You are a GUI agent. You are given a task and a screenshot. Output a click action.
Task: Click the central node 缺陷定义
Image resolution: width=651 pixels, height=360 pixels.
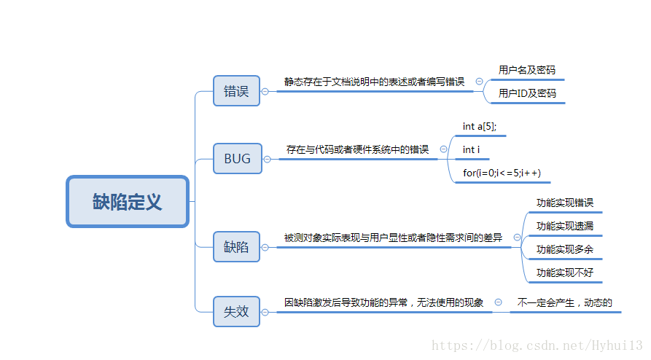pyautogui.click(x=128, y=201)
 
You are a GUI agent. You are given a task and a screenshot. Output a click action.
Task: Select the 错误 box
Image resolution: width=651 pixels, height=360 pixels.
pyautogui.click(x=236, y=91)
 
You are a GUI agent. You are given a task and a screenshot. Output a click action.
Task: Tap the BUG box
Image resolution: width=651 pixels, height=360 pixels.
pyautogui.click(x=237, y=158)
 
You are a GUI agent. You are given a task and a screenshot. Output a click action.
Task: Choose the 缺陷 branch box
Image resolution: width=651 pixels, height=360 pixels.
pyautogui.click(x=236, y=246)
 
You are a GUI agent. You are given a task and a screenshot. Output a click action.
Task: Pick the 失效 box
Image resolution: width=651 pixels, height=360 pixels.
pyautogui.click(x=236, y=311)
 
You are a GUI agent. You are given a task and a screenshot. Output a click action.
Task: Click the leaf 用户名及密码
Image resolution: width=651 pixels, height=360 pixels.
pyautogui.click(x=526, y=70)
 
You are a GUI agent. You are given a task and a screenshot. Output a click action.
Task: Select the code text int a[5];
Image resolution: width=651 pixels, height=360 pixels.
pyautogui.click(x=480, y=126)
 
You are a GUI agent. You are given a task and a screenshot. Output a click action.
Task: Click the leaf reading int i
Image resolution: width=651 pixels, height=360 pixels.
pyautogui.click(x=471, y=149)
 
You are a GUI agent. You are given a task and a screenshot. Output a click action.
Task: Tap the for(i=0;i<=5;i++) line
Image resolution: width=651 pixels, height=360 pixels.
pyautogui.click(x=502, y=173)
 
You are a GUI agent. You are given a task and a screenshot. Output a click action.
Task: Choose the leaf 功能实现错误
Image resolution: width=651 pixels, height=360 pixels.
pyautogui.click(x=565, y=203)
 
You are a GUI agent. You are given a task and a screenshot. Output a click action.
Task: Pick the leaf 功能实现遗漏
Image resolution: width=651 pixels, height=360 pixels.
pyautogui.click(x=565, y=226)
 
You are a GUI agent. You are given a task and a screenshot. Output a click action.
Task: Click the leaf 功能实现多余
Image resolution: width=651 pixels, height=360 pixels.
pyautogui.click(x=565, y=249)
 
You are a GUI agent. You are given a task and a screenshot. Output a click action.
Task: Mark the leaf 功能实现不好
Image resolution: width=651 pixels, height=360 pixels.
pyautogui.click(x=565, y=273)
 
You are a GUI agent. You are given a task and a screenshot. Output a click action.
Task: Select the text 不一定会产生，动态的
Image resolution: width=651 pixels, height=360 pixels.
pyautogui.click(x=564, y=302)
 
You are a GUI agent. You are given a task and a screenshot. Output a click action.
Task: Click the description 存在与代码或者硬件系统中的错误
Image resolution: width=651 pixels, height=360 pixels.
pyautogui.click(x=357, y=149)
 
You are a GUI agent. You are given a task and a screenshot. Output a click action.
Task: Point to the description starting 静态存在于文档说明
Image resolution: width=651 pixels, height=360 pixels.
pyautogui.click(x=374, y=82)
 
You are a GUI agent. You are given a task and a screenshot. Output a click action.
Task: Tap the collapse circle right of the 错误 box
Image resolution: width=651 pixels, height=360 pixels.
pyautogui.click(x=265, y=91)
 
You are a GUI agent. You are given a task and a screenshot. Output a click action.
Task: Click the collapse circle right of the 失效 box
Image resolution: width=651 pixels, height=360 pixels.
pyautogui.click(x=265, y=312)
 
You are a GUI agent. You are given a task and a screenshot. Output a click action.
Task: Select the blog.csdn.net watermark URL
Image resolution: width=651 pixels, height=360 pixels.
pyautogui.click(x=537, y=345)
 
